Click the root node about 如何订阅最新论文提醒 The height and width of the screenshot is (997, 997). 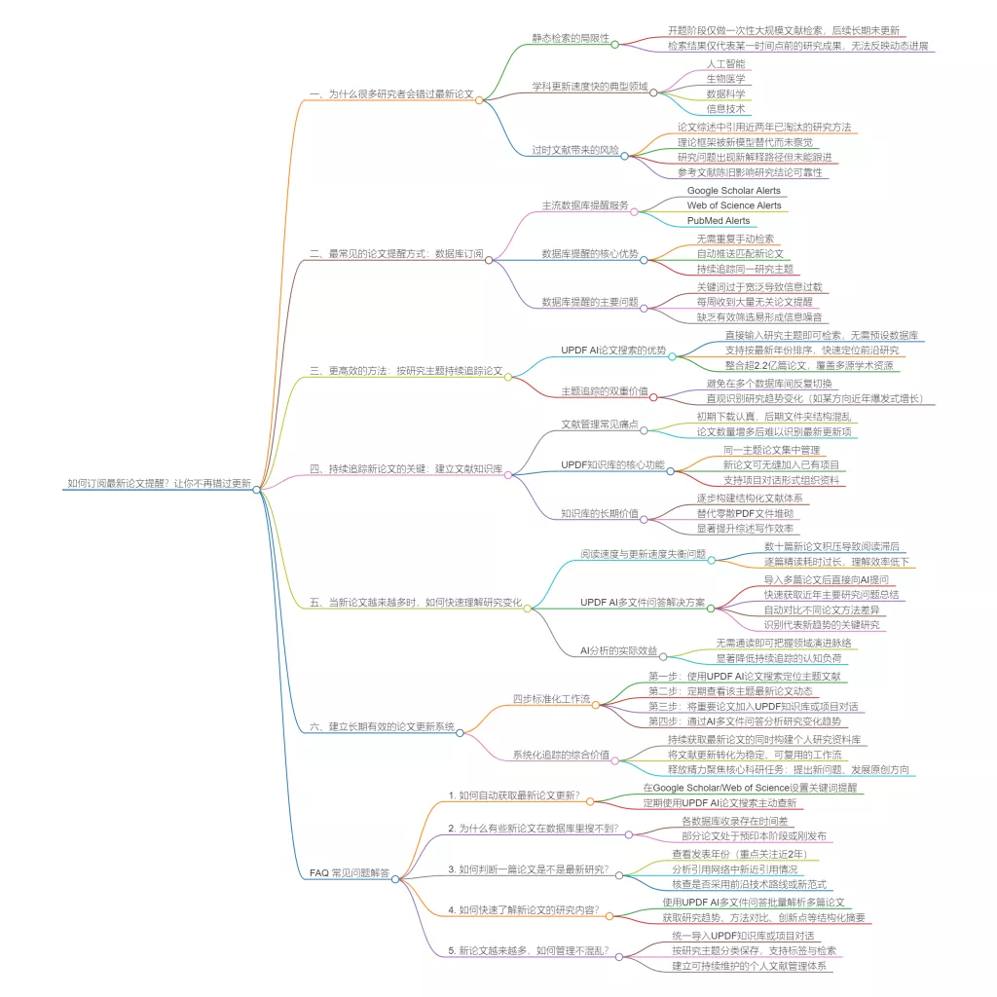[x=159, y=482]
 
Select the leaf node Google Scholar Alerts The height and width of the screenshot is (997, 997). [x=733, y=191]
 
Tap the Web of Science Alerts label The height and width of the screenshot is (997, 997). [x=733, y=205]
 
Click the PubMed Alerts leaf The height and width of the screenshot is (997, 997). [x=719, y=221]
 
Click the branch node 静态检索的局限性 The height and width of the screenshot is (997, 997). [x=571, y=39]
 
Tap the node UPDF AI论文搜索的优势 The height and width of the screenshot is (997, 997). [x=613, y=350]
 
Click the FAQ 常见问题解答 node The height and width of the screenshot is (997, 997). [x=350, y=874]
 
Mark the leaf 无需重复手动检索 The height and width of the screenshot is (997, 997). [x=735, y=239]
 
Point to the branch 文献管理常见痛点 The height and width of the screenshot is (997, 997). [x=600, y=425]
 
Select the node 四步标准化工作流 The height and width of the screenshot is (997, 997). [x=551, y=698]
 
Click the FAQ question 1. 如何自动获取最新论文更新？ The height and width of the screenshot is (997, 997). [x=513, y=795]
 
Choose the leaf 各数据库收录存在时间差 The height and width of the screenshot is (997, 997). [x=733, y=821]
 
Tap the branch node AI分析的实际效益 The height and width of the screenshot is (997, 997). [x=618, y=650]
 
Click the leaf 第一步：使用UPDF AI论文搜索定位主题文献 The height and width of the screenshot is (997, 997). [x=745, y=676]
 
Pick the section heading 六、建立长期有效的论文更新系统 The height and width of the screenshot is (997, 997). [x=382, y=727]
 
